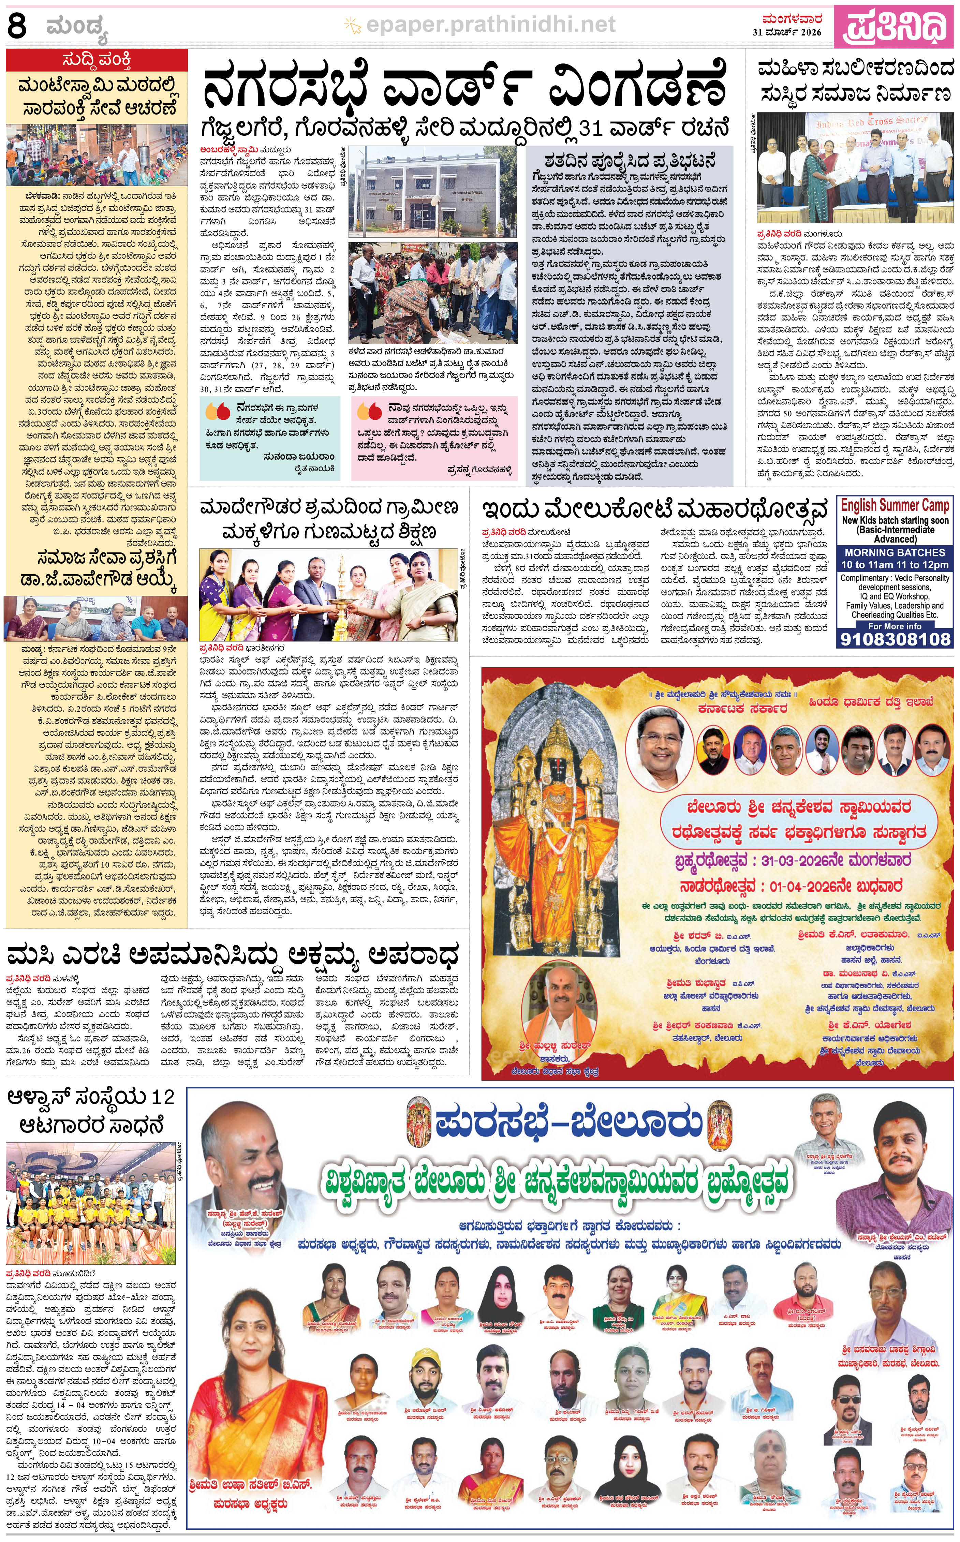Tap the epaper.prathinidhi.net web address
490,25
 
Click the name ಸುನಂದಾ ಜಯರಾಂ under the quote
298,456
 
